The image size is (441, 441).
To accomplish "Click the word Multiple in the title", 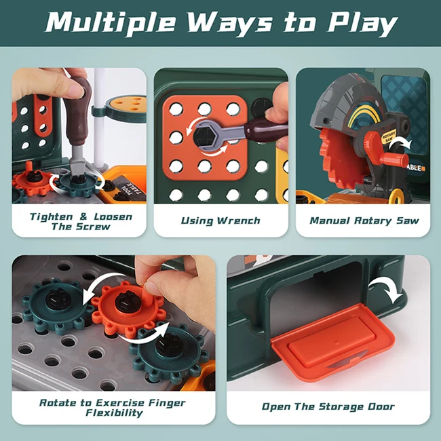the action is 111,23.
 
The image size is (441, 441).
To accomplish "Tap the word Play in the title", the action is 362,24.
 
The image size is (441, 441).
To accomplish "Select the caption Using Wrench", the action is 220,220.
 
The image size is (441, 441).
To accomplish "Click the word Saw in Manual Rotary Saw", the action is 408,220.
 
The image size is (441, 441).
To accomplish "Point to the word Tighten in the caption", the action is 51,217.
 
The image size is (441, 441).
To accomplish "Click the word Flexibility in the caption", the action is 114,413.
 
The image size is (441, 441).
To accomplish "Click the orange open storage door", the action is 332,342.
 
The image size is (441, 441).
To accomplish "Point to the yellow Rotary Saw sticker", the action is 389,136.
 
